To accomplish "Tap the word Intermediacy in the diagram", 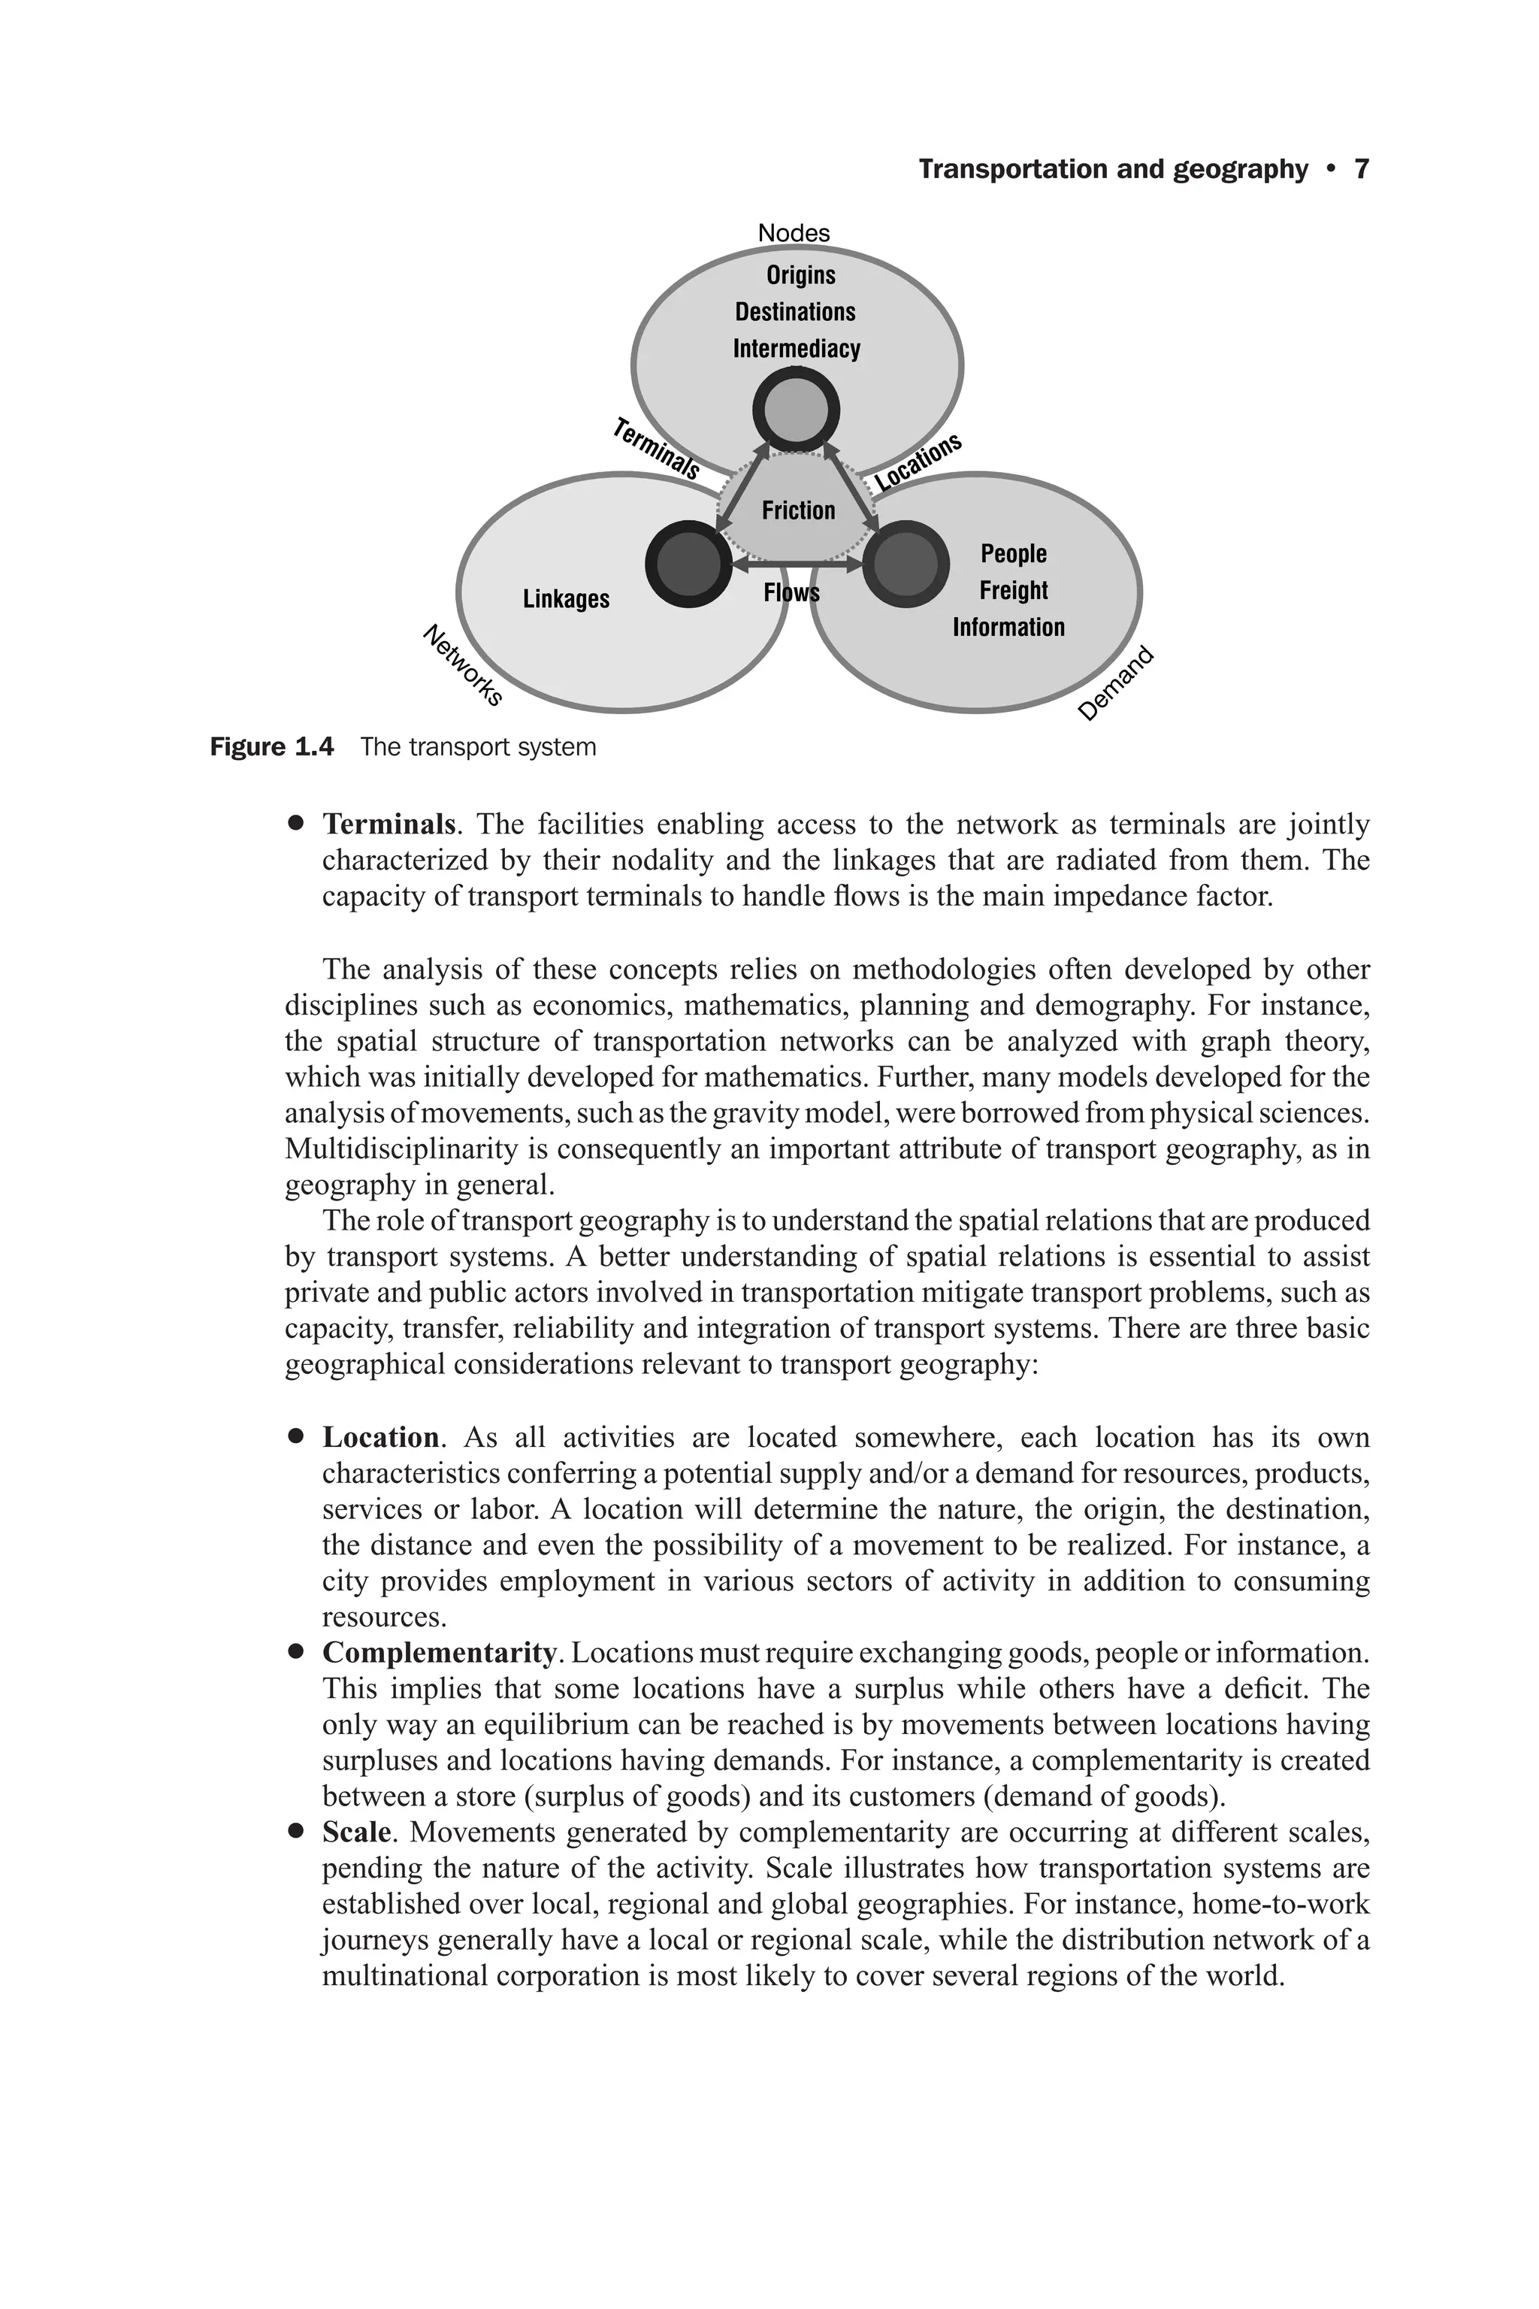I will coord(796,350).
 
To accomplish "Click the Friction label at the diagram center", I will coord(798,510).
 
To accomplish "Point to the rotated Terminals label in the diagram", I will coord(655,449).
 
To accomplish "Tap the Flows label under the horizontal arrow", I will coord(791,593).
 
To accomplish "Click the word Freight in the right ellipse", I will coord(1013,591).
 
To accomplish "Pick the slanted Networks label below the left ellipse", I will coord(462,664).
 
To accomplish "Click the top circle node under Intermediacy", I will coord(796,410).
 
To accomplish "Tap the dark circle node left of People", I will coord(905,564).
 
